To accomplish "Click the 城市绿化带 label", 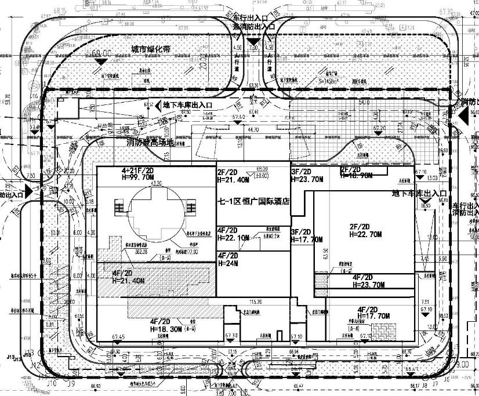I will click(x=150, y=49).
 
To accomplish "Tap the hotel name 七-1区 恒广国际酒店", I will click(x=253, y=201).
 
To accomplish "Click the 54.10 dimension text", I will click(x=365, y=102).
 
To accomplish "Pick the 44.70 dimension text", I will click(x=253, y=129).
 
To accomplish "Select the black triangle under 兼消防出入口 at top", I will click(x=253, y=42).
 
